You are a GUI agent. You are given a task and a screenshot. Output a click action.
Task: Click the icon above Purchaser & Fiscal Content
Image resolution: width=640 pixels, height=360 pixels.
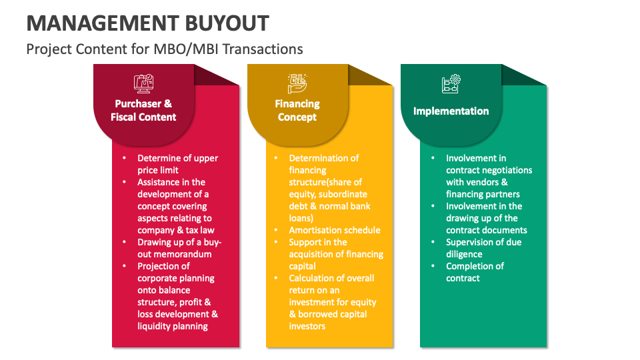tap(145, 83)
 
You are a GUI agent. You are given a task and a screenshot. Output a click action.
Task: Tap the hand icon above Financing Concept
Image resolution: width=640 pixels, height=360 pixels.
tap(297, 83)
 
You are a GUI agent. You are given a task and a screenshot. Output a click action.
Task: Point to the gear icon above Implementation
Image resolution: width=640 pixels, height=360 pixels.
tap(451, 83)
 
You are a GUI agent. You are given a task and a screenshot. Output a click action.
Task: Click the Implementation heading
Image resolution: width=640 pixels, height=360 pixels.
tap(451, 111)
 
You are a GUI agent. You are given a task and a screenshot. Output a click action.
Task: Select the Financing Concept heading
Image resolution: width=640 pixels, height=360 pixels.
tap(297, 111)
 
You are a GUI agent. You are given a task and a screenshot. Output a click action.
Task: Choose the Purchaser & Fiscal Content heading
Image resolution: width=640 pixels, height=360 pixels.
tap(144, 111)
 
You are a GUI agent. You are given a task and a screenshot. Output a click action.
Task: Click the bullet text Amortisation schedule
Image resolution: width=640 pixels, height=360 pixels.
tap(335, 230)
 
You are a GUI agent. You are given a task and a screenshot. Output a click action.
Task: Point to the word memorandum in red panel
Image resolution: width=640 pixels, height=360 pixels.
tap(174, 254)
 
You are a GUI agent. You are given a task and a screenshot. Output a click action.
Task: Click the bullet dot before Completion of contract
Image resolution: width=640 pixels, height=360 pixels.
tap(431, 266)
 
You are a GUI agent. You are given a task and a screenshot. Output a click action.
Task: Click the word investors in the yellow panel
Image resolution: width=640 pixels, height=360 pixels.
tap(307, 326)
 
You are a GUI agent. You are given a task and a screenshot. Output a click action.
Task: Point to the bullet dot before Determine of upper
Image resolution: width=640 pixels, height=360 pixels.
tap(123, 158)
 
